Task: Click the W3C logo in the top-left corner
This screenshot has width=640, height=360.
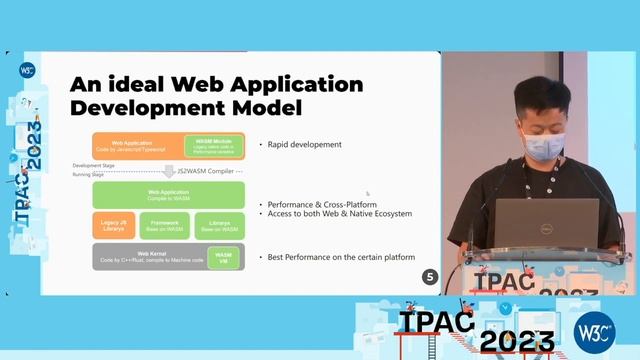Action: pos(27,71)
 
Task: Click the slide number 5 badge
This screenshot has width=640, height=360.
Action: pos(430,277)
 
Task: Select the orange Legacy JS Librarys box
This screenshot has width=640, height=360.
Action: pos(114,224)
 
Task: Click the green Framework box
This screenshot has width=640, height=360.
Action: pos(165,224)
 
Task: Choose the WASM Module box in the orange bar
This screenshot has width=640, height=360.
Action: pos(210,145)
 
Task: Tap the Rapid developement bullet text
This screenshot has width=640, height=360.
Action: pos(304,145)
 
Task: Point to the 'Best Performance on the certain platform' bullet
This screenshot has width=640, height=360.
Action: pos(341,257)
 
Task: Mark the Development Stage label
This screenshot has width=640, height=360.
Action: pos(90,165)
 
